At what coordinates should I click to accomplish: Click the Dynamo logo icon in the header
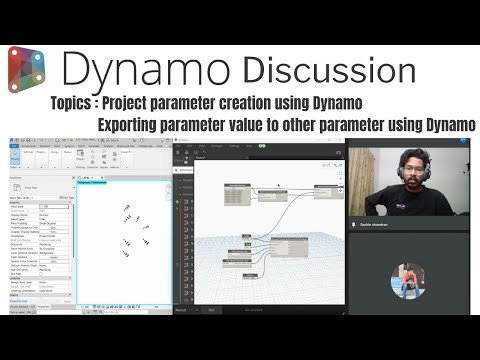pyautogui.click(x=30, y=69)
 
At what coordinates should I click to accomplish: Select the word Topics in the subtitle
pyautogui.click(x=74, y=103)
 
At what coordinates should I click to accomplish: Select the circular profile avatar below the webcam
pyautogui.click(x=412, y=281)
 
